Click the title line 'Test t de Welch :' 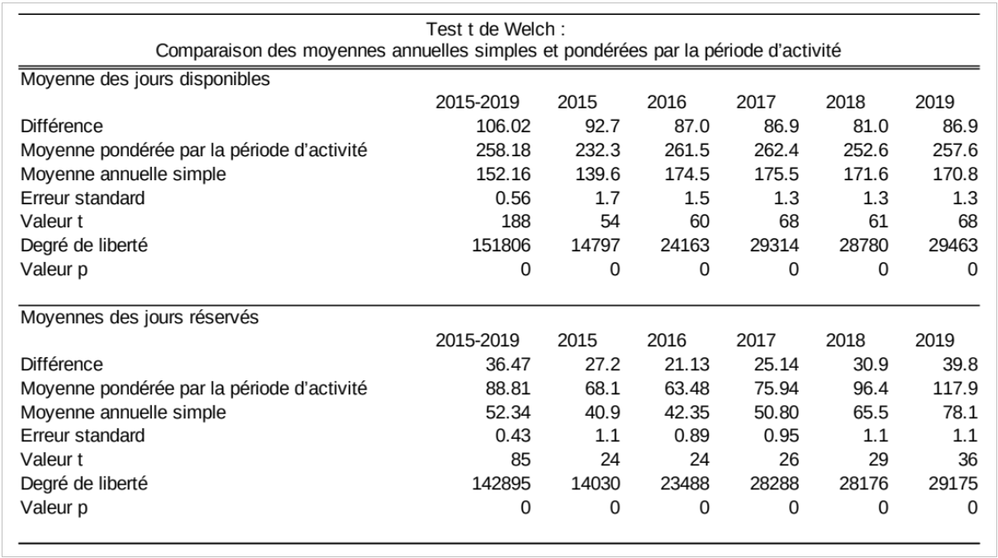(x=496, y=30)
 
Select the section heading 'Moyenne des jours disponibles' (x=145, y=79)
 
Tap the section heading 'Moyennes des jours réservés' (x=140, y=317)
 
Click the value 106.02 (x=503, y=126)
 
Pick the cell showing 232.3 (x=597, y=150)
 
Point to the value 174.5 (x=687, y=174)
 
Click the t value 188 (x=516, y=222)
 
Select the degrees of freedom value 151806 (x=501, y=246)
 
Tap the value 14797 (x=596, y=246)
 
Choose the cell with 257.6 (x=955, y=150)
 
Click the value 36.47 (x=508, y=365)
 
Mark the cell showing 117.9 (x=955, y=389)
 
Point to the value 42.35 (x=687, y=413)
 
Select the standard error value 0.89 (x=691, y=436)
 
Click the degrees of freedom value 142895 (x=501, y=484)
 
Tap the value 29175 (x=953, y=484)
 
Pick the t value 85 (x=520, y=460)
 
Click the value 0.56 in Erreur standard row (x=513, y=198)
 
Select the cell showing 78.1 (x=960, y=413)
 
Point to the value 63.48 (x=687, y=389)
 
